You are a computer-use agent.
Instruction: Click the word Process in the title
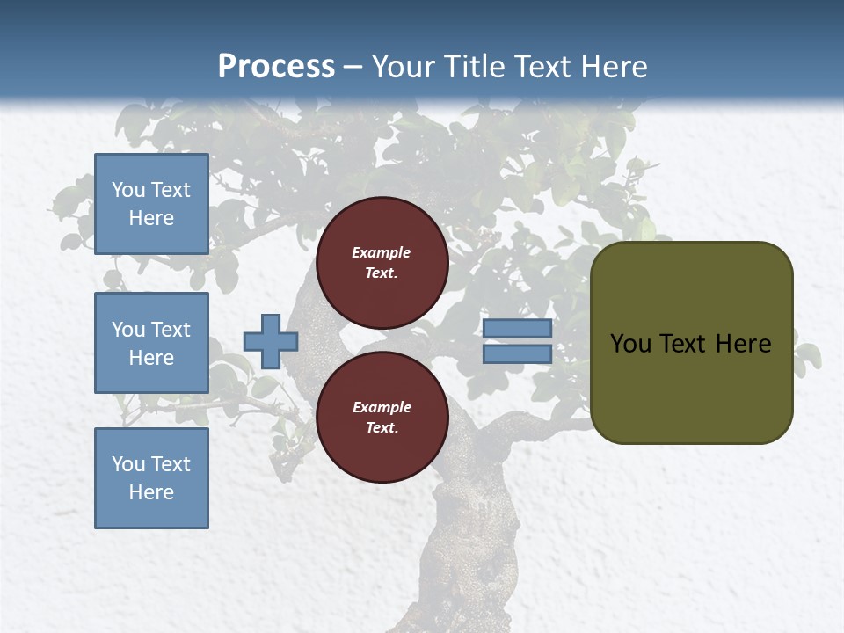pyautogui.click(x=276, y=67)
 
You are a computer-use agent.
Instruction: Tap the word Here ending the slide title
pyautogui.click(x=608, y=67)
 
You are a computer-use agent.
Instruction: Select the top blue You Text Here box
pyautogui.click(x=151, y=204)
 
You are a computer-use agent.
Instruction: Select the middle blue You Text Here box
pyautogui.click(x=151, y=343)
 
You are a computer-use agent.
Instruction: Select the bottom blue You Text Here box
pyautogui.click(x=151, y=478)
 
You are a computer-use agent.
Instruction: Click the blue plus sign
pyautogui.click(x=271, y=341)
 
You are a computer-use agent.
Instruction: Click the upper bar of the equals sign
pyautogui.click(x=518, y=328)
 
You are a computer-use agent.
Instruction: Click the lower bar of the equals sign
pyautogui.click(x=518, y=354)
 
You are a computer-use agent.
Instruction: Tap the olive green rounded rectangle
pyautogui.click(x=691, y=387)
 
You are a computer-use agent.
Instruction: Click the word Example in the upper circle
pyautogui.click(x=381, y=252)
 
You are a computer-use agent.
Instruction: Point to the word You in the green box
pyautogui.click(x=630, y=344)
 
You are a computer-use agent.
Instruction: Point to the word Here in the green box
pyautogui.click(x=743, y=344)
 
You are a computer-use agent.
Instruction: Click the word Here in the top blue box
pyautogui.click(x=151, y=218)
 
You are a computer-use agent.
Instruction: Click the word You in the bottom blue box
pyautogui.click(x=128, y=464)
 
